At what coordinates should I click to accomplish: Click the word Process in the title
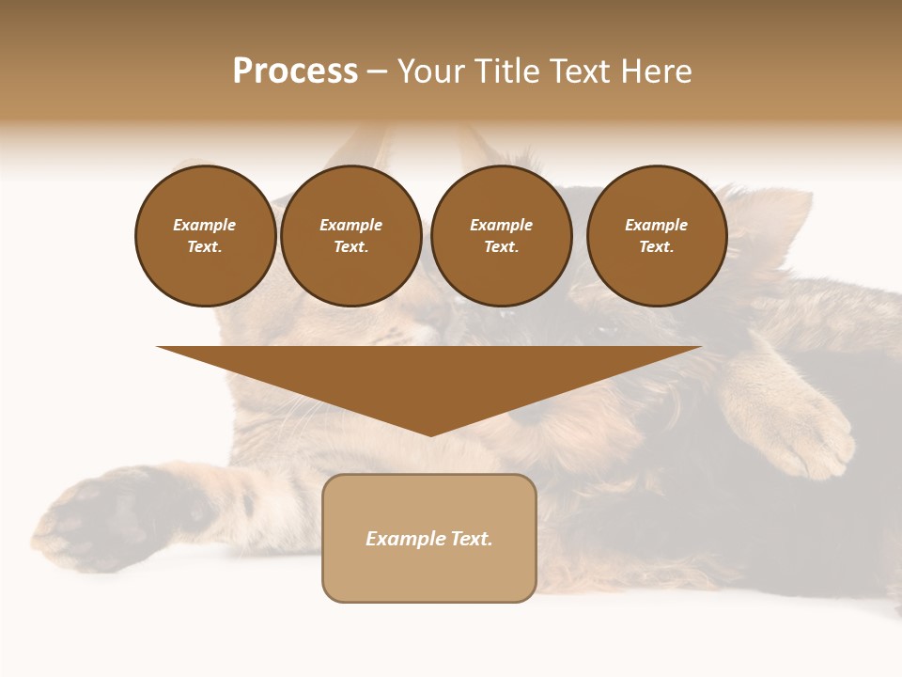point(295,71)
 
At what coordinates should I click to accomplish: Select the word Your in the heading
point(428,71)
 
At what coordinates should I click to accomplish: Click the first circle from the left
point(205,236)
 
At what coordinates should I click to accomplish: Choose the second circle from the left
point(350,236)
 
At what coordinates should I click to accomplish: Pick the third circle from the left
point(501,236)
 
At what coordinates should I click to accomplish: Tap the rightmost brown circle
point(656,236)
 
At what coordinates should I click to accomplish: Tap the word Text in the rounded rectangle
point(470,539)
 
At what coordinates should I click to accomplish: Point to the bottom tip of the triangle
point(429,433)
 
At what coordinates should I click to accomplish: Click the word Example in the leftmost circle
point(205,225)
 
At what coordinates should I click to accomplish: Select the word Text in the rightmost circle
point(656,247)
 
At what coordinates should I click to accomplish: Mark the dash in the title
point(378,71)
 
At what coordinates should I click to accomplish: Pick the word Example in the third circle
point(501,225)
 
